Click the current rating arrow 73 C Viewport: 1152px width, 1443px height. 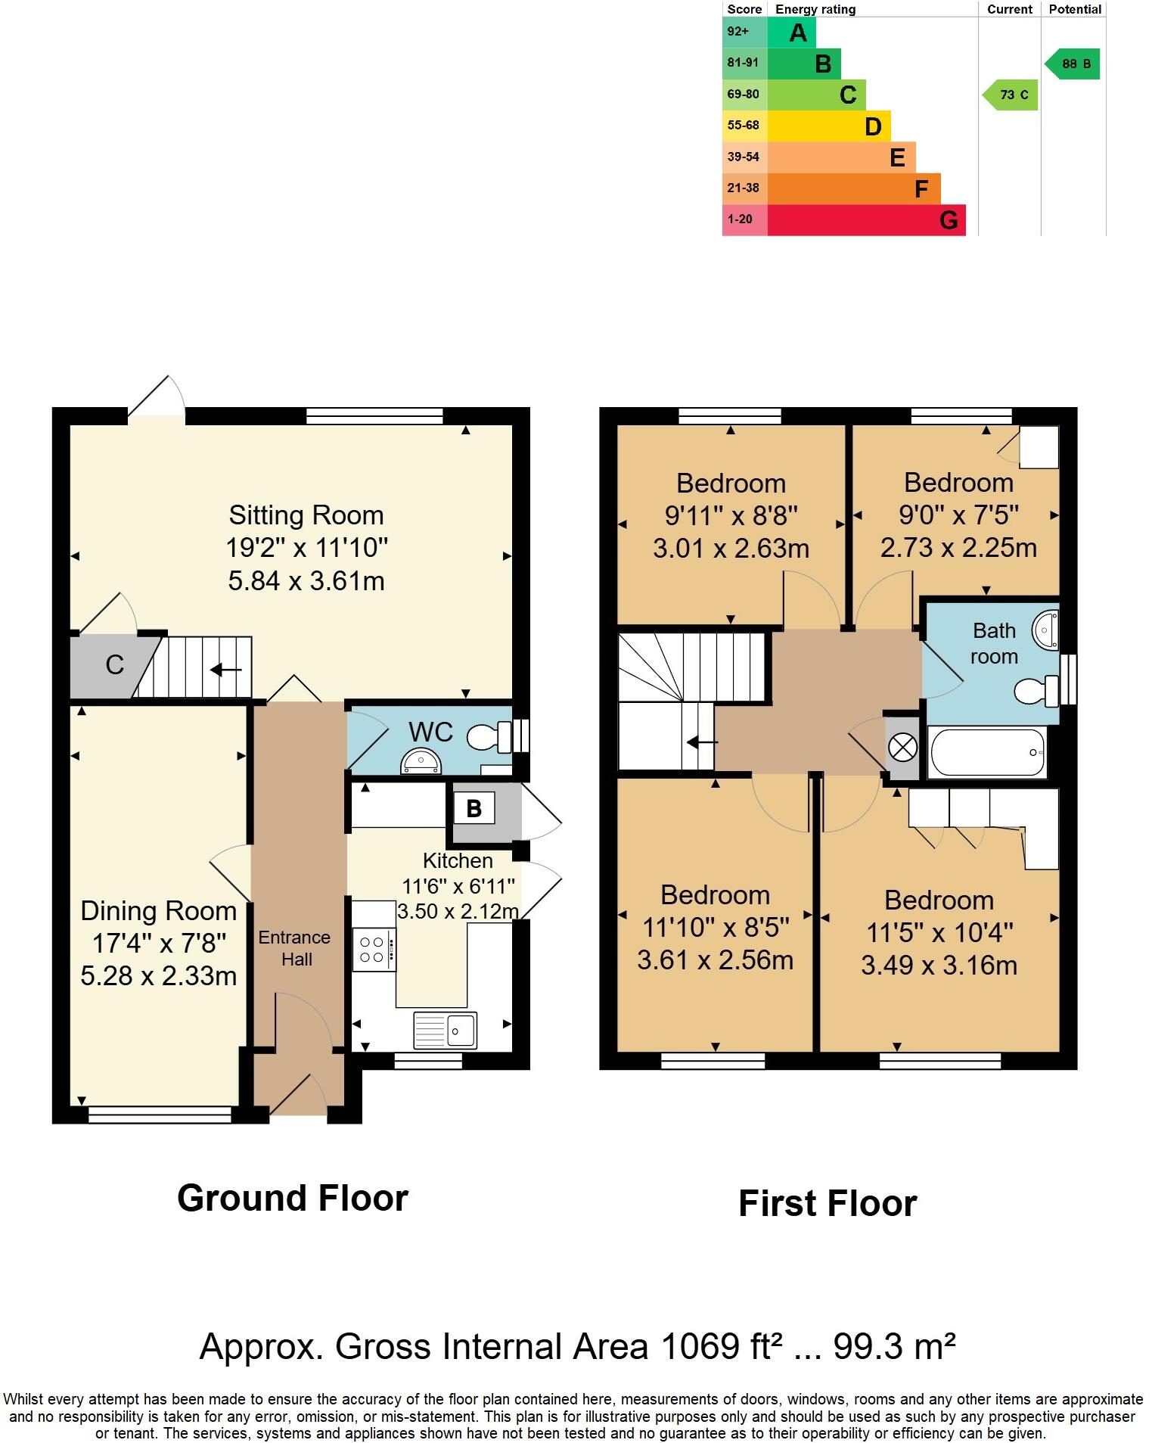pyautogui.click(x=1011, y=95)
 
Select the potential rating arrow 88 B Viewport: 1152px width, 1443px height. pyautogui.click(x=1073, y=64)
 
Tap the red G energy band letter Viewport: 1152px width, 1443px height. pyautogui.click(x=949, y=220)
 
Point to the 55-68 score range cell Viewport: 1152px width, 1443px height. pyautogui.click(x=744, y=126)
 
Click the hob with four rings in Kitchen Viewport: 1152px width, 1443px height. pyautogui.click(x=373, y=950)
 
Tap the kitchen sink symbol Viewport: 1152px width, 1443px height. pyautogui.click(x=446, y=1030)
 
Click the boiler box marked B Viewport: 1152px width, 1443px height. pyautogui.click(x=474, y=808)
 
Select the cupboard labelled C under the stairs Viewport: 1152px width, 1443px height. pyautogui.click(x=114, y=665)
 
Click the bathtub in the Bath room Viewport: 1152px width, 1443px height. pyautogui.click(x=988, y=753)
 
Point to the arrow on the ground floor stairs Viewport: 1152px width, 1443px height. pyautogui.click(x=226, y=670)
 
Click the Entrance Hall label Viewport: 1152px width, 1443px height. pyautogui.click(x=295, y=948)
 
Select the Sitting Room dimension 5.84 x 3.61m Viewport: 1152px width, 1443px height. pyautogui.click(x=306, y=580)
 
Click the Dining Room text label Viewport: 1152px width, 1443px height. pyautogui.click(x=158, y=910)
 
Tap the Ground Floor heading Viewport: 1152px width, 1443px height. pyautogui.click(x=293, y=1199)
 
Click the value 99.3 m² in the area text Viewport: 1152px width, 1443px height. pyautogui.click(x=893, y=1346)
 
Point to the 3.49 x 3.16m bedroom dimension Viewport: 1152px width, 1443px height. pyautogui.click(x=939, y=965)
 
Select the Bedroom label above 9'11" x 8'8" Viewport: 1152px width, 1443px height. pyautogui.click(x=731, y=483)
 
